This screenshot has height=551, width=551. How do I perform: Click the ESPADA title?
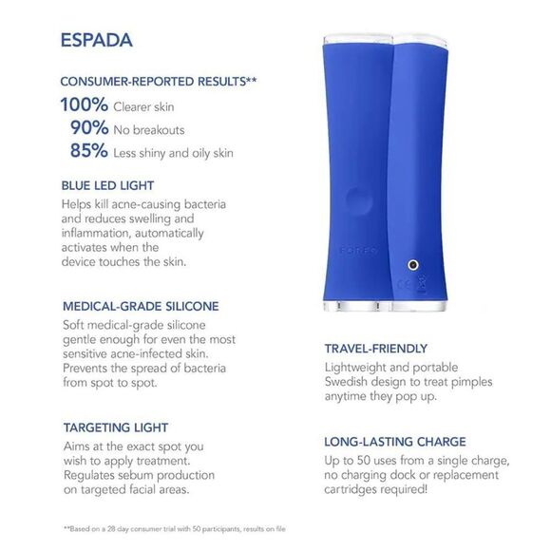pos(95,41)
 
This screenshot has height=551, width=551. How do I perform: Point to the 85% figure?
pos(88,150)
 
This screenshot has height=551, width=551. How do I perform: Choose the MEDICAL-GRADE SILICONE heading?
pos(140,306)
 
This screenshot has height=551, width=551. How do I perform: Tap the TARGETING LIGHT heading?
pos(117,427)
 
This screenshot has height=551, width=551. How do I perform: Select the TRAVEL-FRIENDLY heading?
pos(376,349)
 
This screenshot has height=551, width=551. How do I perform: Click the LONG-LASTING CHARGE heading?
pos(394,442)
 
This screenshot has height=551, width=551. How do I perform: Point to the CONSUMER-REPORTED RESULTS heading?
pos(158,82)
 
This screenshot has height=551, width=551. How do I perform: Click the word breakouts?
pos(161,129)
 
